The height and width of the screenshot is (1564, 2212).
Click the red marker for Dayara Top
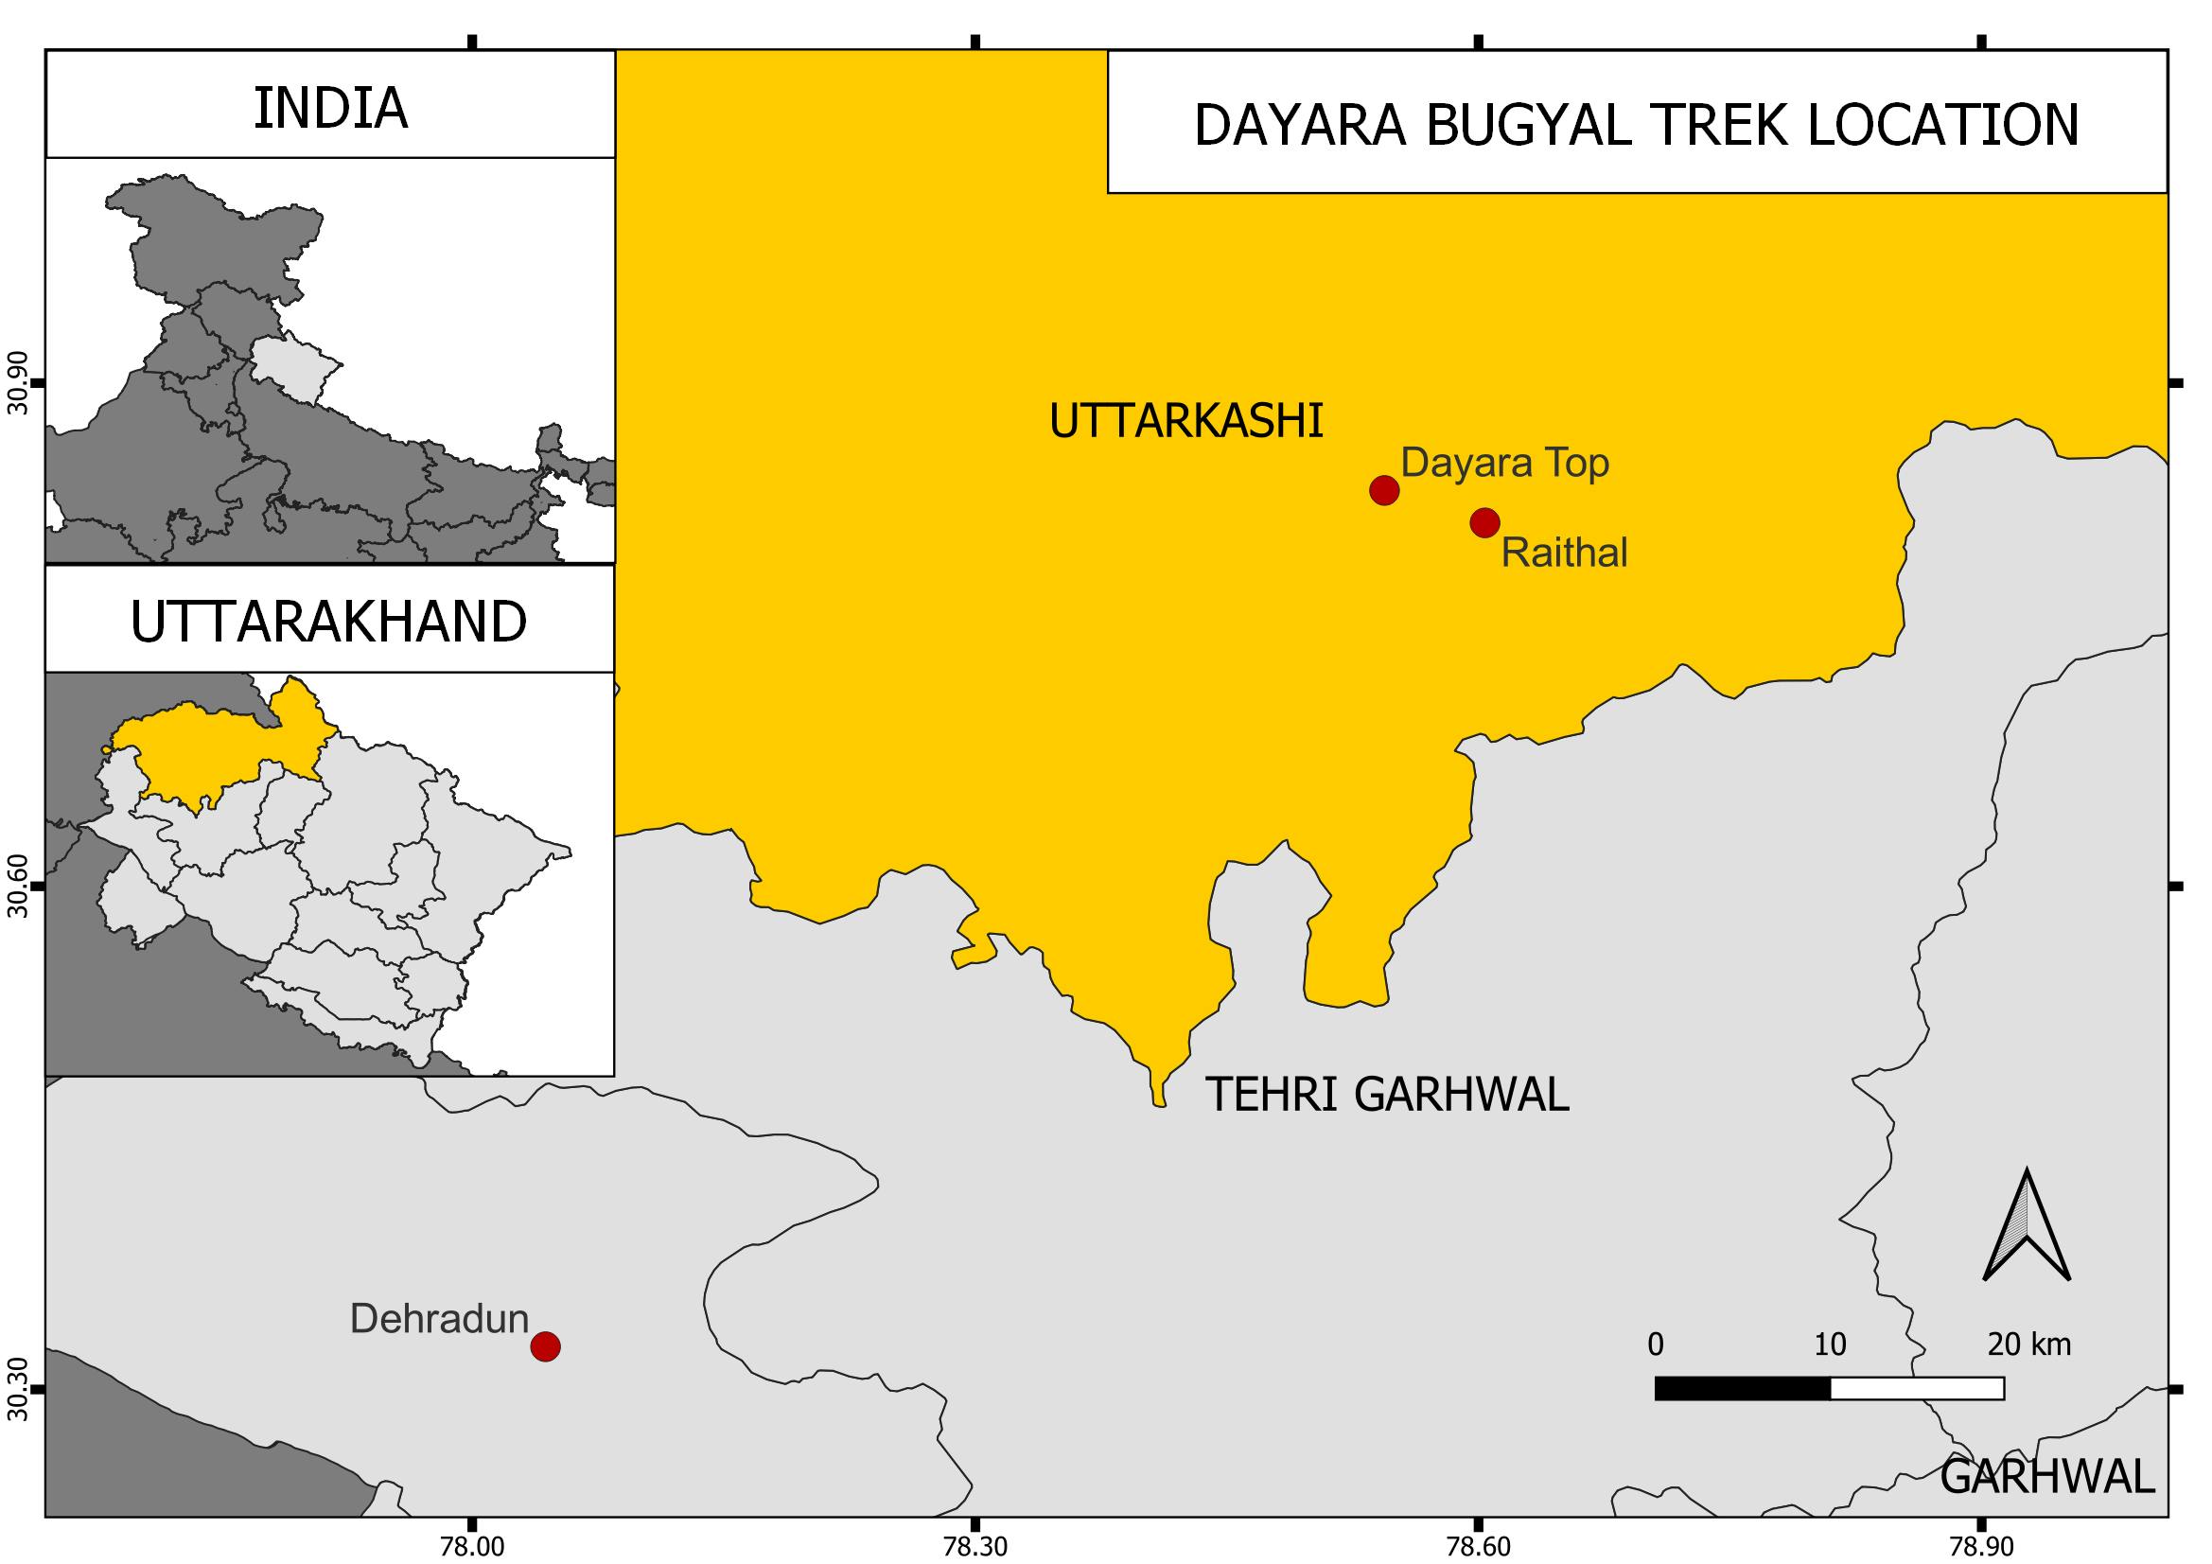(1383, 490)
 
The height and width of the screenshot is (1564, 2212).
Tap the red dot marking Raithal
(1484, 522)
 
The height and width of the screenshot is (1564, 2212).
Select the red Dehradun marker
(545, 1346)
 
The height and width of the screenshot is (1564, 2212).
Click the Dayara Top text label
(1504, 463)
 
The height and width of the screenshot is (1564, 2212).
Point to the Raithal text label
(1564, 554)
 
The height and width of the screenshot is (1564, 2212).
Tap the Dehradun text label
(439, 1318)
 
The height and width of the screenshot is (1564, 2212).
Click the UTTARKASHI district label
(1186, 422)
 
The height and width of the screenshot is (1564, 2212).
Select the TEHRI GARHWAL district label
(1387, 1095)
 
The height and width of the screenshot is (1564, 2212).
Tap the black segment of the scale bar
(1742, 1389)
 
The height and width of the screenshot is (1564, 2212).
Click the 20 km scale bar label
(2028, 1344)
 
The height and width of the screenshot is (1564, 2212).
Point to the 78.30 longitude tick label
(976, 1547)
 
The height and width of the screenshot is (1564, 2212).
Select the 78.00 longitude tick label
(471, 1547)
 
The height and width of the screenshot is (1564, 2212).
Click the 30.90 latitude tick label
(16, 382)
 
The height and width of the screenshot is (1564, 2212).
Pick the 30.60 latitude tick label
(16, 887)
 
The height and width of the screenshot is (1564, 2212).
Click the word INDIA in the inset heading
(330, 108)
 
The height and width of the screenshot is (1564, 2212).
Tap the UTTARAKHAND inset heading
(328, 623)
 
